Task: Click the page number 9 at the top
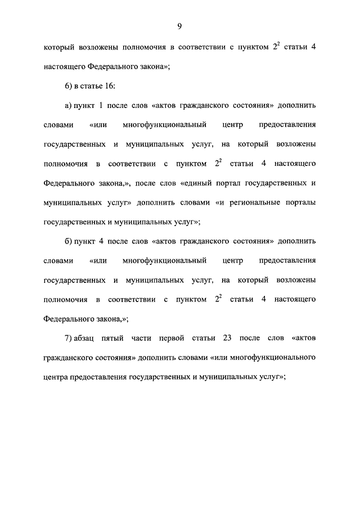pos(180,26)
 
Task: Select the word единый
pos(201,183)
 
